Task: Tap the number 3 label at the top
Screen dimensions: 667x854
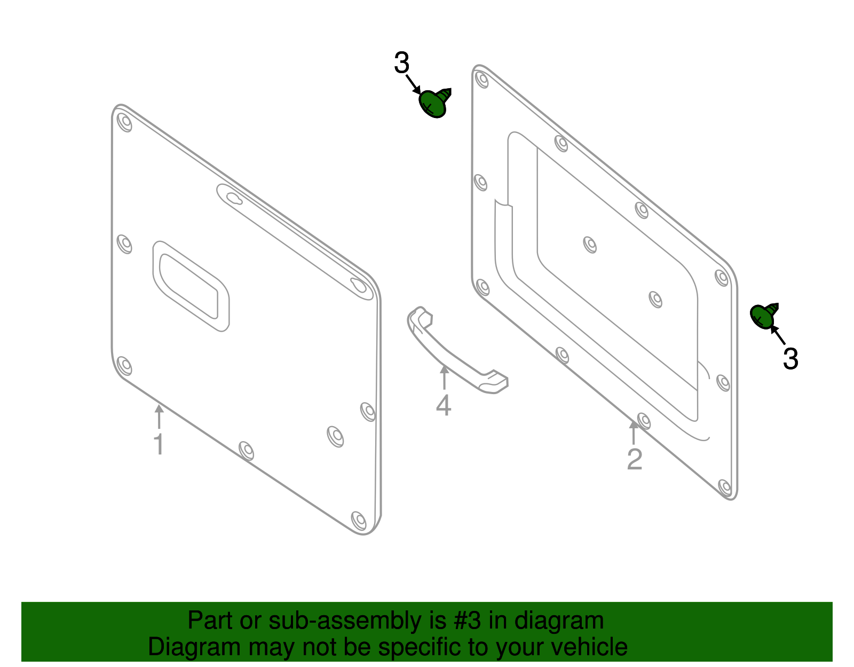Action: (401, 64)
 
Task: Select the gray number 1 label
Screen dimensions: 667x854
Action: (159, 444)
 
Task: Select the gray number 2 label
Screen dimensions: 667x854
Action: (634, 459)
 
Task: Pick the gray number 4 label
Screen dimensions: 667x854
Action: (444, 405)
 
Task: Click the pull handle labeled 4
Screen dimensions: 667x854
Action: (454, 355)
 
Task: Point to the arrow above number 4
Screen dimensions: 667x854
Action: (444, 376)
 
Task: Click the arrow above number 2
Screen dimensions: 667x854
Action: (634, 433)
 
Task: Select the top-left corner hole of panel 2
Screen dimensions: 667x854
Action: (482, 80)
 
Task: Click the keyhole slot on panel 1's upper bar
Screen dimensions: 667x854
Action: (234, 198)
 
